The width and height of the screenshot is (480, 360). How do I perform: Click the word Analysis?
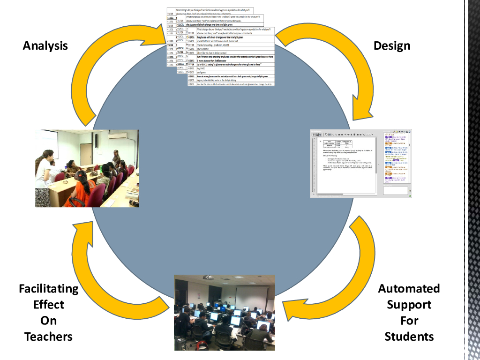[x=45, y=46]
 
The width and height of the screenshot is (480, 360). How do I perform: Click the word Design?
[x=392, y=46]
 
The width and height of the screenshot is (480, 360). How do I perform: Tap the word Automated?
[x=409, y=288]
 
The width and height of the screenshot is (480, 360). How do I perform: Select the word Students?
[x=409, y=337]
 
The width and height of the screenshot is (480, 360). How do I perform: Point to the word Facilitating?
[x=49, y=288]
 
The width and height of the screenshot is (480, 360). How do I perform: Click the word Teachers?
[x=49, y=337]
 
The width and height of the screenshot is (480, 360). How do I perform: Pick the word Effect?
[x=49, y=305]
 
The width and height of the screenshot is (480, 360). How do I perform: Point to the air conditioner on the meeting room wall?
[x=117, y=136]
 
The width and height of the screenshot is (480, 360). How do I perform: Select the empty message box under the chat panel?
[x=395, y=191]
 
